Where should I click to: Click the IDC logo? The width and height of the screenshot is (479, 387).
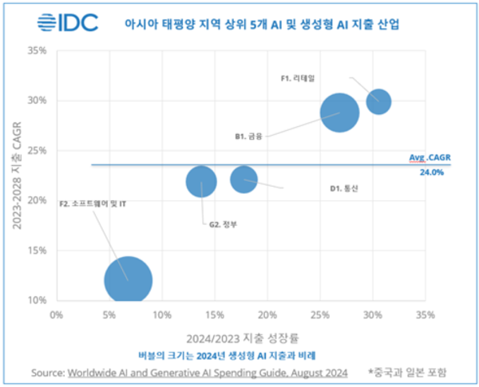(x=68, y=22)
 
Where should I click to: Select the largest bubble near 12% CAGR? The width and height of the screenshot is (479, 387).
(x=128, y=279)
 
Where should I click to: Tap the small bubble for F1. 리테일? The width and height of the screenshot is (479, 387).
(x=378, y=101)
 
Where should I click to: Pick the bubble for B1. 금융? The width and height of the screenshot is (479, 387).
(x=341, y=113)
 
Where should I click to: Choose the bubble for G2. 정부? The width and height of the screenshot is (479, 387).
(x=201, y=182)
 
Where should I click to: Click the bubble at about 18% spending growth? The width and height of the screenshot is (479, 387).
(x=243, y=180)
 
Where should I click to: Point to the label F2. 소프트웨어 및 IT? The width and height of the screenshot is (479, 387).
(x=93, y=203)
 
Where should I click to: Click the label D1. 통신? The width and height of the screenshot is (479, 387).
(x=344, y=188)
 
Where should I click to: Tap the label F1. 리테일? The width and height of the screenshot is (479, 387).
(x=299, y=79)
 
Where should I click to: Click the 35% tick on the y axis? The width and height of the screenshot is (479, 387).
(x=37, y=50)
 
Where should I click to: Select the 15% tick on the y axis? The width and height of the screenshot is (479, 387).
(x=37, y=251)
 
